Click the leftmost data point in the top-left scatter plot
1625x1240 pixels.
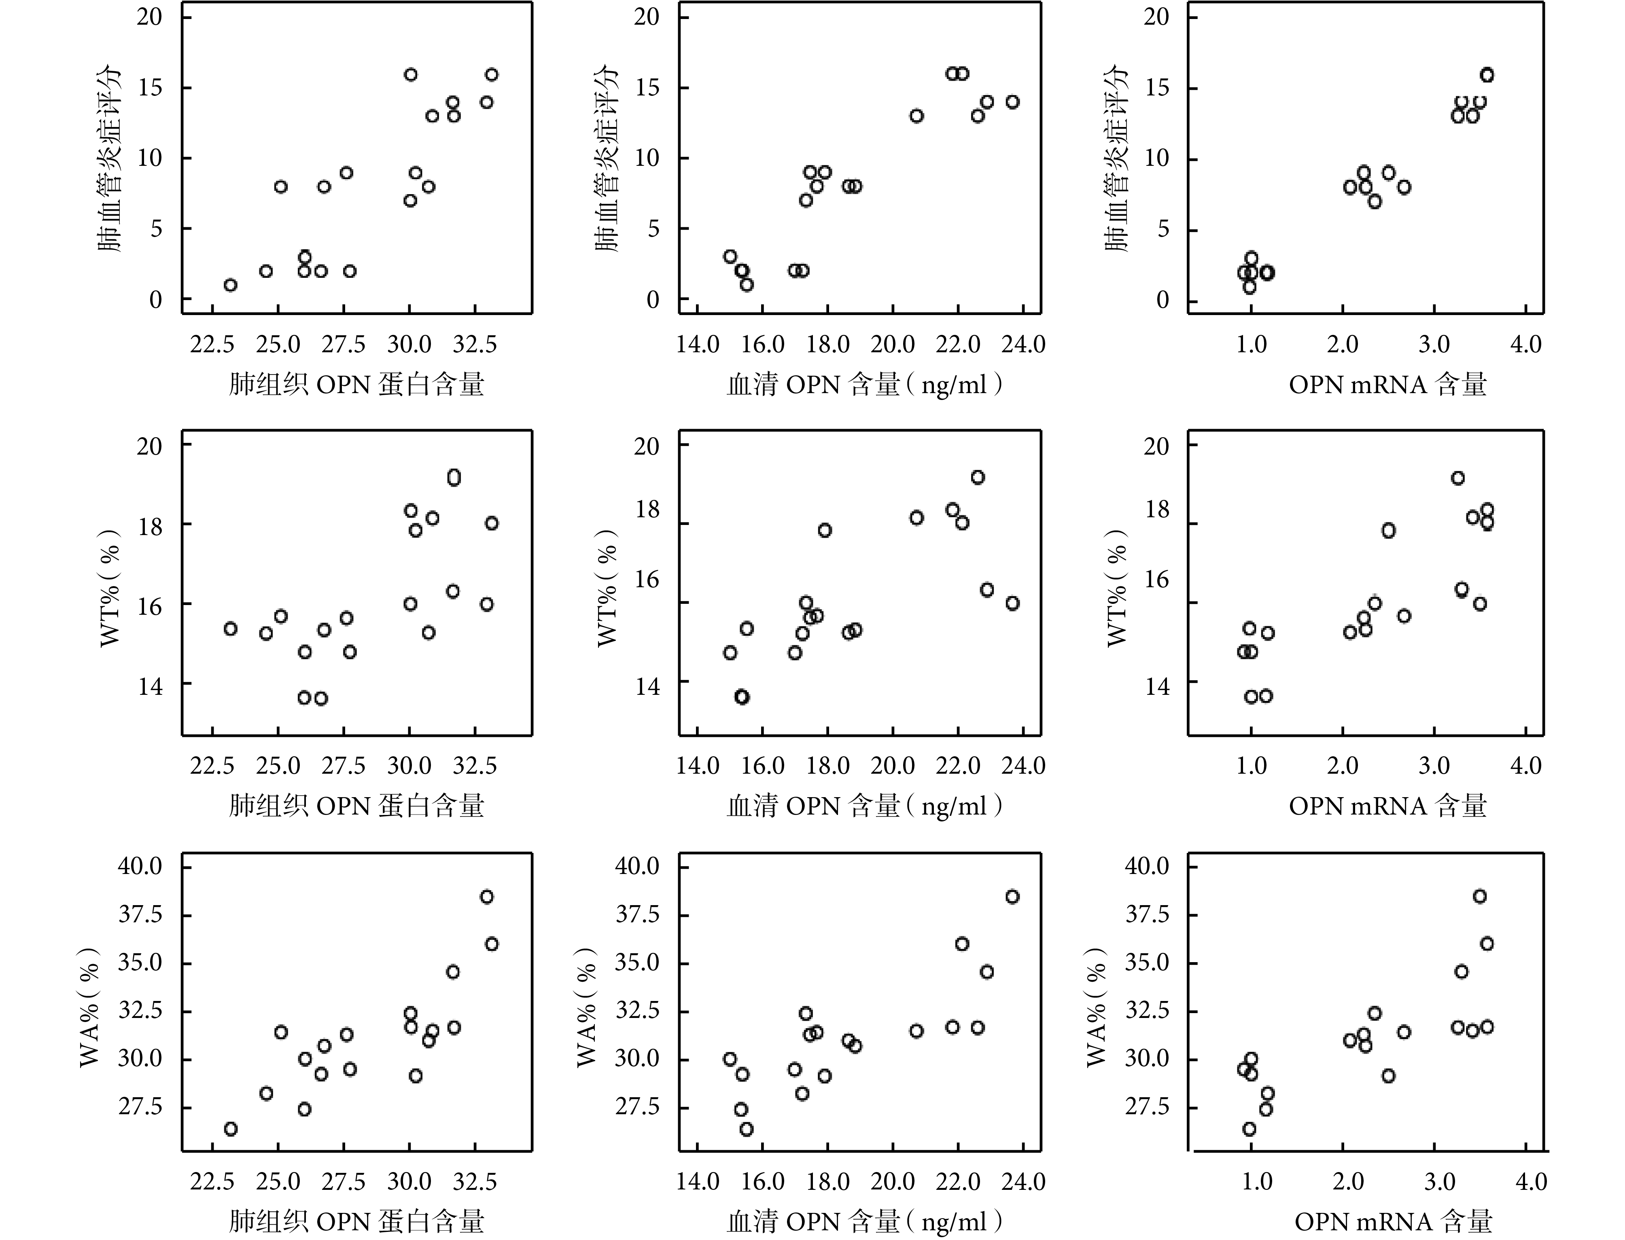tap(230, 285)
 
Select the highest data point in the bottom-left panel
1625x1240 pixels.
tap(486, 897)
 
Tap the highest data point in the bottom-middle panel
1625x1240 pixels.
tap(1012, 897)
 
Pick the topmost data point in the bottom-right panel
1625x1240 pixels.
tap(1480, 896)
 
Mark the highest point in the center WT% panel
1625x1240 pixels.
tap(978, 478)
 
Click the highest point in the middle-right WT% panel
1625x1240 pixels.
tap(1457, 478)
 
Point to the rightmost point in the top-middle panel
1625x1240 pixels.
tap(1012, 102)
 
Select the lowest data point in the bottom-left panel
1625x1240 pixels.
tap(230, 1129)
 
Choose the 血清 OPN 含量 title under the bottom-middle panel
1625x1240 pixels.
tap(865, 1221)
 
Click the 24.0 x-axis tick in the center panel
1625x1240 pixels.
tap(1023, 766)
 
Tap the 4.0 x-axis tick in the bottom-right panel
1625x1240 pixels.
tap(1530, 1183)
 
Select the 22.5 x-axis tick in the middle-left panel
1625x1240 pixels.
tap(212, 766)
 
